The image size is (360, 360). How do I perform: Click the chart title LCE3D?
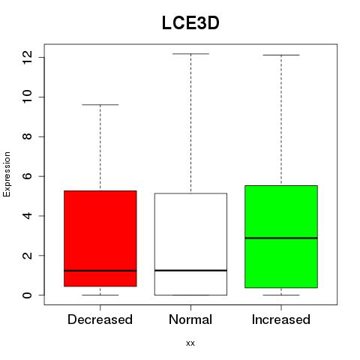[x=190, y=23]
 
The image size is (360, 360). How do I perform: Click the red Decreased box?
[x=100, y=238]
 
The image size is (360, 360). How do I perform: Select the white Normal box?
[x=190, y=244]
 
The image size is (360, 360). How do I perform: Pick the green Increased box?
[x=281, y=236]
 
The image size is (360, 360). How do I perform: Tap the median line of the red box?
[x=100, y=271]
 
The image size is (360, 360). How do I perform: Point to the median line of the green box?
[x=281, y=238]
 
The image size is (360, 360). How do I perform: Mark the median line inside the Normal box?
[x=190, y=270]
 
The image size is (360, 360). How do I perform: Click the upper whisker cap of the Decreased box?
[x=100, y=105]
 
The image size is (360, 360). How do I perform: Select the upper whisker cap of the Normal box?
[x=190, y=54]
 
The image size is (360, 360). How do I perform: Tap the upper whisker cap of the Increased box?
[x=281, y=55]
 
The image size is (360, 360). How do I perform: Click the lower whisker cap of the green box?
[x=281, y=295]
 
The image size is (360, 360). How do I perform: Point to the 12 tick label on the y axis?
[x=28, y=57]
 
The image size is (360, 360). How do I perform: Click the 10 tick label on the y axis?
[x=28, y=97]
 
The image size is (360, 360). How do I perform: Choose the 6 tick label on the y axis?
[x=28, y=176]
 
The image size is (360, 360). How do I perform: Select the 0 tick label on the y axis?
[x=28, y=295]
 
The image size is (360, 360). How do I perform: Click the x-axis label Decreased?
[x=100, y=319]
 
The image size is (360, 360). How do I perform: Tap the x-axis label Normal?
[x=190, y=319]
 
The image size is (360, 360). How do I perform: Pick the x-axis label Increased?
[x=281, y=319]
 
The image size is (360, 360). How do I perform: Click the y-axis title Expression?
[x=7, y=174]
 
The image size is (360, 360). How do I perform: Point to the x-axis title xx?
[x=190, y=343]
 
